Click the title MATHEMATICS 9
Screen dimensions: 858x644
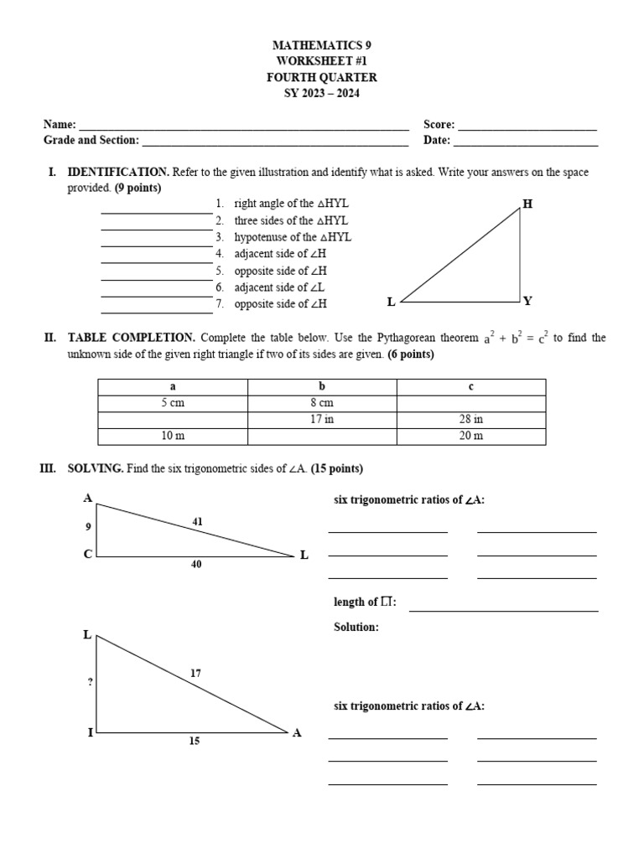coord(322,44)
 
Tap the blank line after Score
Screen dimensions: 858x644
coord(527,128)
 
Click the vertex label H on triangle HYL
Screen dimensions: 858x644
coord(527,204)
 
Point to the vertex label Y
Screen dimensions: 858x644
coord(527,301)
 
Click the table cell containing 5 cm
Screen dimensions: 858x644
coord(173,403)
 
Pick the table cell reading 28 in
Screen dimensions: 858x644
coord(471,419)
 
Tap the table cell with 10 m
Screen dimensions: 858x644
coord(173,436)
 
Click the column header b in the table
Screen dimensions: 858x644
coord(322,386)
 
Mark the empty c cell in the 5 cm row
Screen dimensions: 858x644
coord(471,403)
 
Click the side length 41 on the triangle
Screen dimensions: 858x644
coord(198,521)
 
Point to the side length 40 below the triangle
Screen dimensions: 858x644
coord(196,565)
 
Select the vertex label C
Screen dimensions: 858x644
coord(87,554)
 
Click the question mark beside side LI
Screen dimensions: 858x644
coord(90,682)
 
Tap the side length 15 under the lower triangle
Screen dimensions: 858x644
coord(195,742)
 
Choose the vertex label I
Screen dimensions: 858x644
coord(90,732)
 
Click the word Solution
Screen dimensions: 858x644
coord(356,627)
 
